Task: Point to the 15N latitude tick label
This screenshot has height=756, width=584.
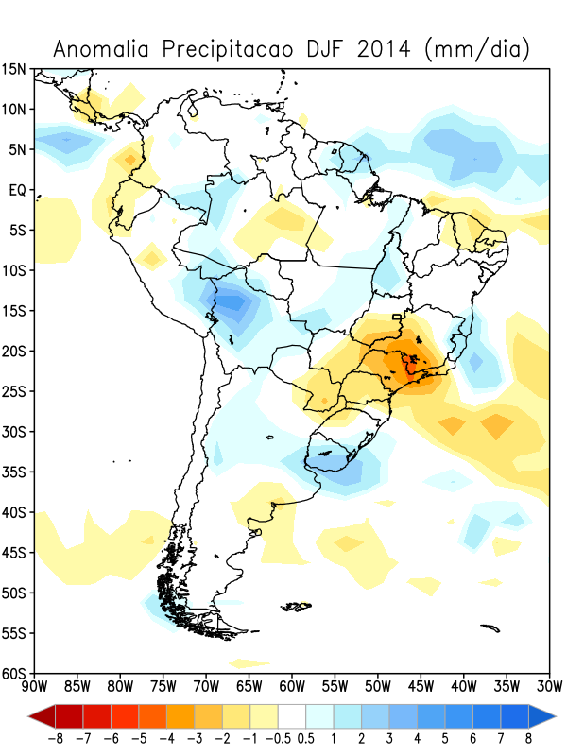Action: (14, 69)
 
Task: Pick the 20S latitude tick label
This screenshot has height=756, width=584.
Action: (14, 352)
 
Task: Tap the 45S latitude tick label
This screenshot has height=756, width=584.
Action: (14, 553)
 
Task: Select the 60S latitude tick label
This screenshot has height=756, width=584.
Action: (14, 674)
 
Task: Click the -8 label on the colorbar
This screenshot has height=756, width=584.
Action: (59, 738)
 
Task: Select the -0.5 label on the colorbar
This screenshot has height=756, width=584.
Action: (283, 738)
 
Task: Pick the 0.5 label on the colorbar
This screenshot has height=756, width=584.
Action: (306, 738)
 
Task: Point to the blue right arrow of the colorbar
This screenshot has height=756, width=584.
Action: (544, 715)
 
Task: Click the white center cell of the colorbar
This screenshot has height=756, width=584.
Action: (293, 715)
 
